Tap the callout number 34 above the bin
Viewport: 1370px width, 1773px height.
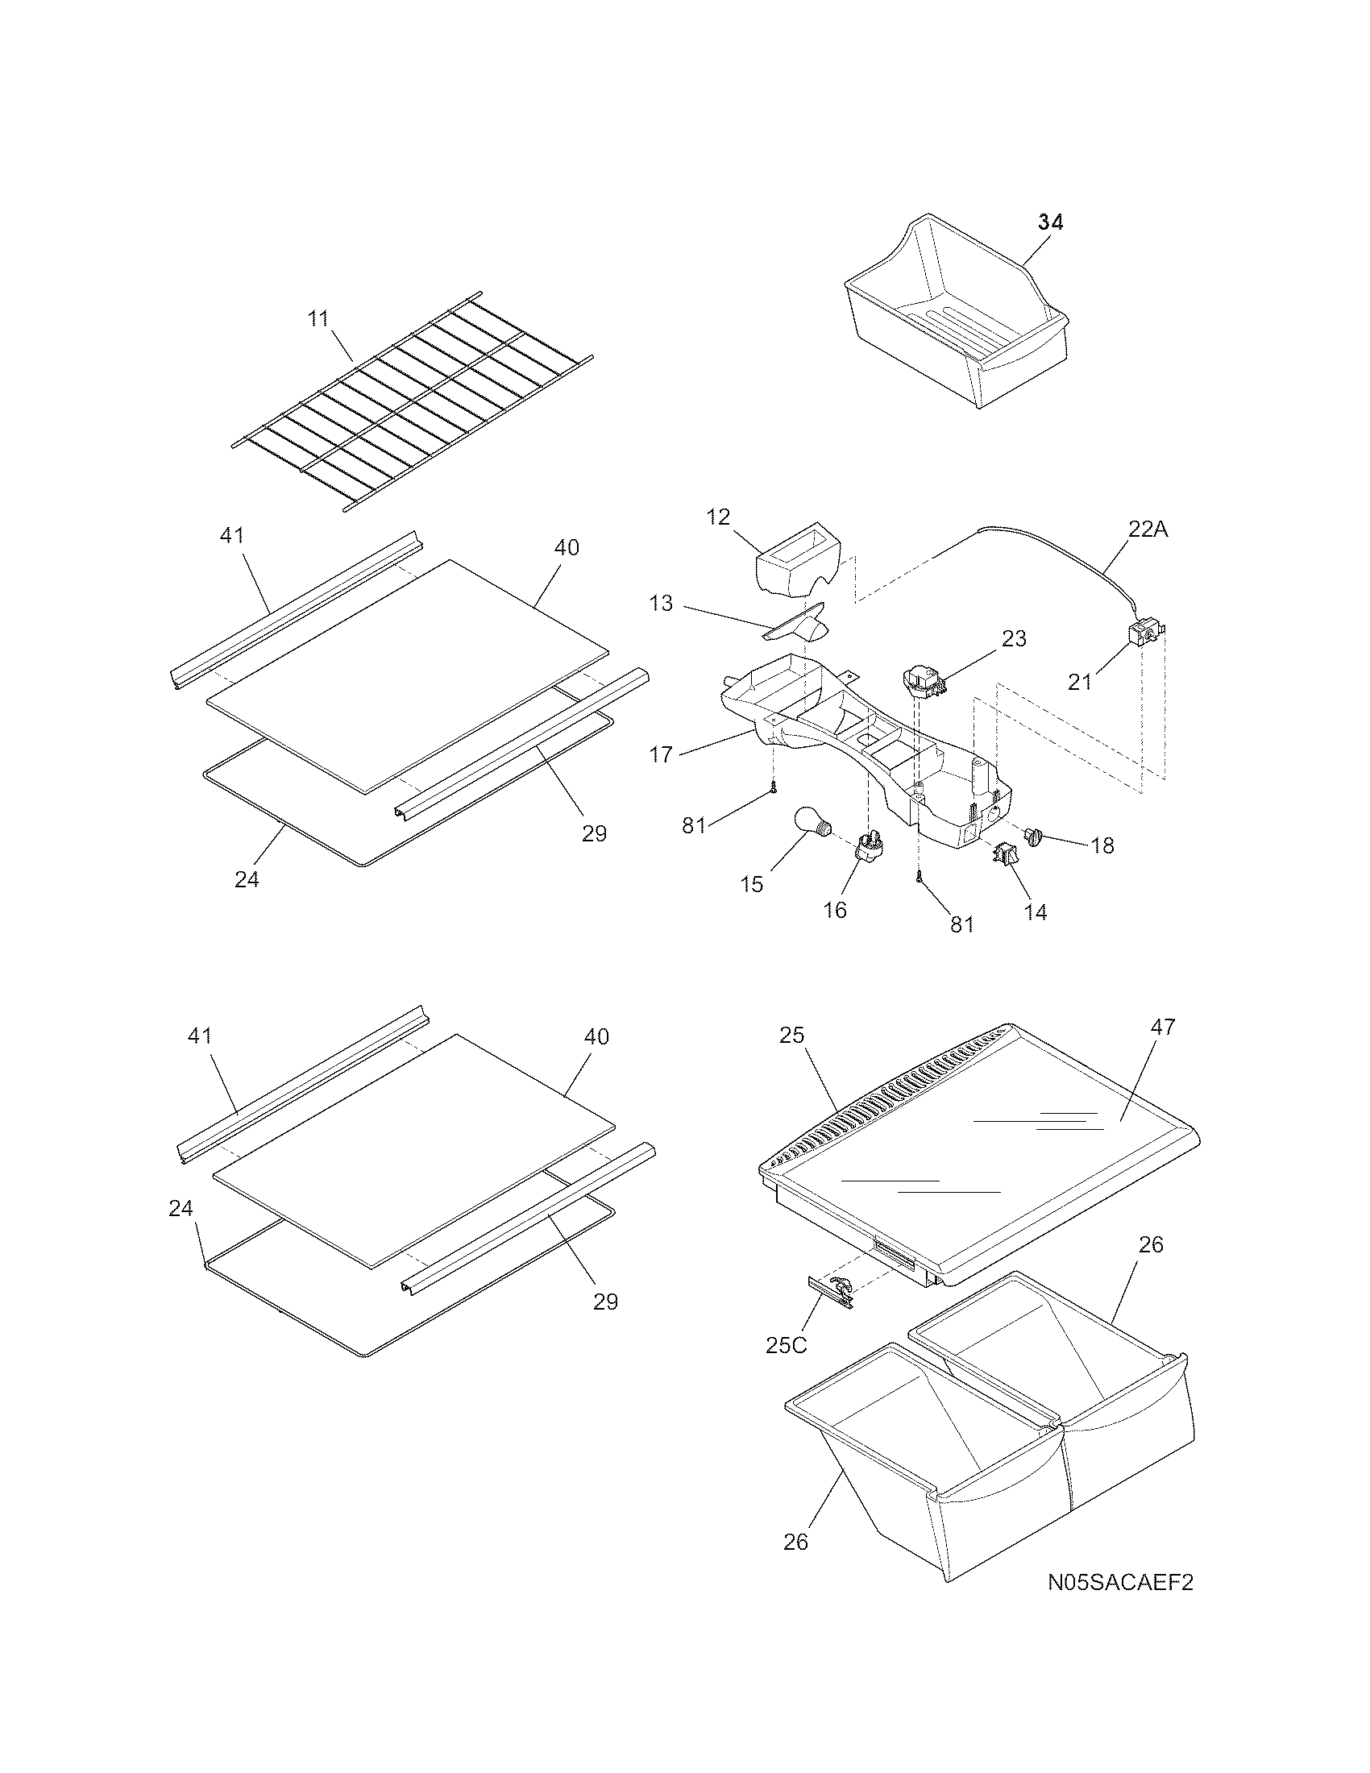click(1050, 222)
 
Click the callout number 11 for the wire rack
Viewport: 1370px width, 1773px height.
click(319, 318)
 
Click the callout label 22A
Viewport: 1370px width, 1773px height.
click(1148, 529)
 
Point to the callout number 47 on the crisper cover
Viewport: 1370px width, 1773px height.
click(1162, 1027)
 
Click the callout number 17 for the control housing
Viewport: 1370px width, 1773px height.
click(661, 755)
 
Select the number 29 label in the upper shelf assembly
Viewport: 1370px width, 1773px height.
click(594, 834)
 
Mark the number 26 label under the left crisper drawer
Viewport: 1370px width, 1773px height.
click(796, 1542)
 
